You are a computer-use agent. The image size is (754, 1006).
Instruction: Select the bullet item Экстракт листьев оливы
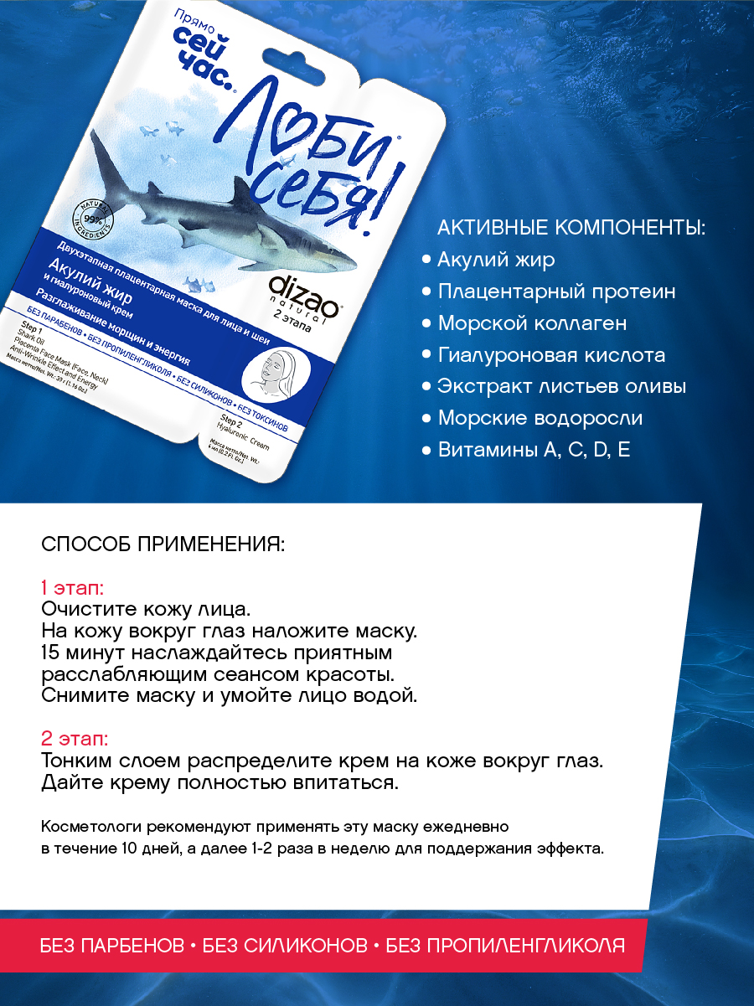coord(562,387)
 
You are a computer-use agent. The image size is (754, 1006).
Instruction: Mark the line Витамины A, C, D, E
coord(534,451)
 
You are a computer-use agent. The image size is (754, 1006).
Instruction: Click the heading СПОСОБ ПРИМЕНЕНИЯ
coord(163,545)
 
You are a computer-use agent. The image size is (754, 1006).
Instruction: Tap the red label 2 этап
coord(74,740)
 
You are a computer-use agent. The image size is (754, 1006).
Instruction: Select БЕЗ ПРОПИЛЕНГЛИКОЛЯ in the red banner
coord(501,947)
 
